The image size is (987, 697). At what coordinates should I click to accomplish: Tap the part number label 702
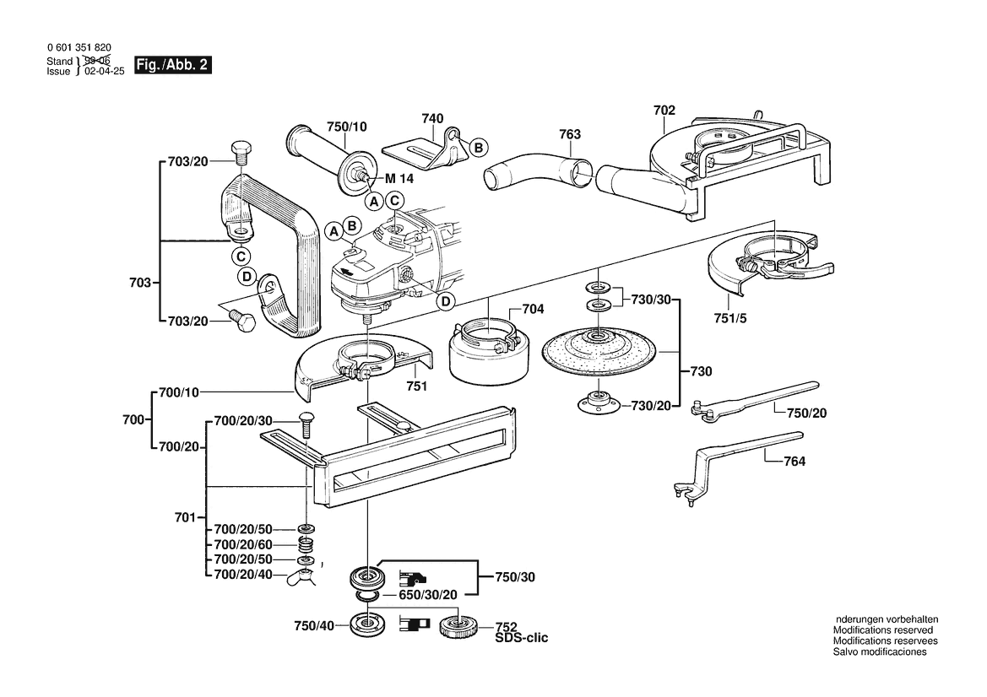664,110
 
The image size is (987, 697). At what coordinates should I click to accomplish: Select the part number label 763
570,134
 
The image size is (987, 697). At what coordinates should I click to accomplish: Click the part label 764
794,462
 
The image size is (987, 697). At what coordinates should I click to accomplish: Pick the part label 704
533,309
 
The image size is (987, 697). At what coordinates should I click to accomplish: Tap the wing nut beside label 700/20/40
302,577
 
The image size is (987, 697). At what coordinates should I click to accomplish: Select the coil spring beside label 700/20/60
306,545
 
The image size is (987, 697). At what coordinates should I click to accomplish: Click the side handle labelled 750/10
325,156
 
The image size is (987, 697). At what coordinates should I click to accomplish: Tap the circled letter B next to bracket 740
477,148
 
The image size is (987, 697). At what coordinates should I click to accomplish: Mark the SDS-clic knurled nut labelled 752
458,626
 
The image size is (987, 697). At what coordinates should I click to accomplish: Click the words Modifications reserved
882,630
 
